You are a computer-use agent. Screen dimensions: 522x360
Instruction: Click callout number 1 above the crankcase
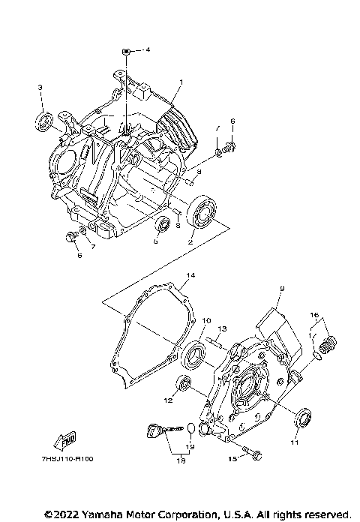180,81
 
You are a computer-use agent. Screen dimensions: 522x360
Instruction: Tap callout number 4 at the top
148,49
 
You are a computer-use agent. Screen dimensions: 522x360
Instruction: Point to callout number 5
156,241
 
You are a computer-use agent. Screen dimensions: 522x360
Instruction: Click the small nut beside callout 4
128,50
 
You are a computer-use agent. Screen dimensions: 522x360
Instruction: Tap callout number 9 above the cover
283,289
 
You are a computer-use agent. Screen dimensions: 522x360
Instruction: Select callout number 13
222,328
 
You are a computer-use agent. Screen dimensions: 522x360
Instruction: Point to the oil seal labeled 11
304,417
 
